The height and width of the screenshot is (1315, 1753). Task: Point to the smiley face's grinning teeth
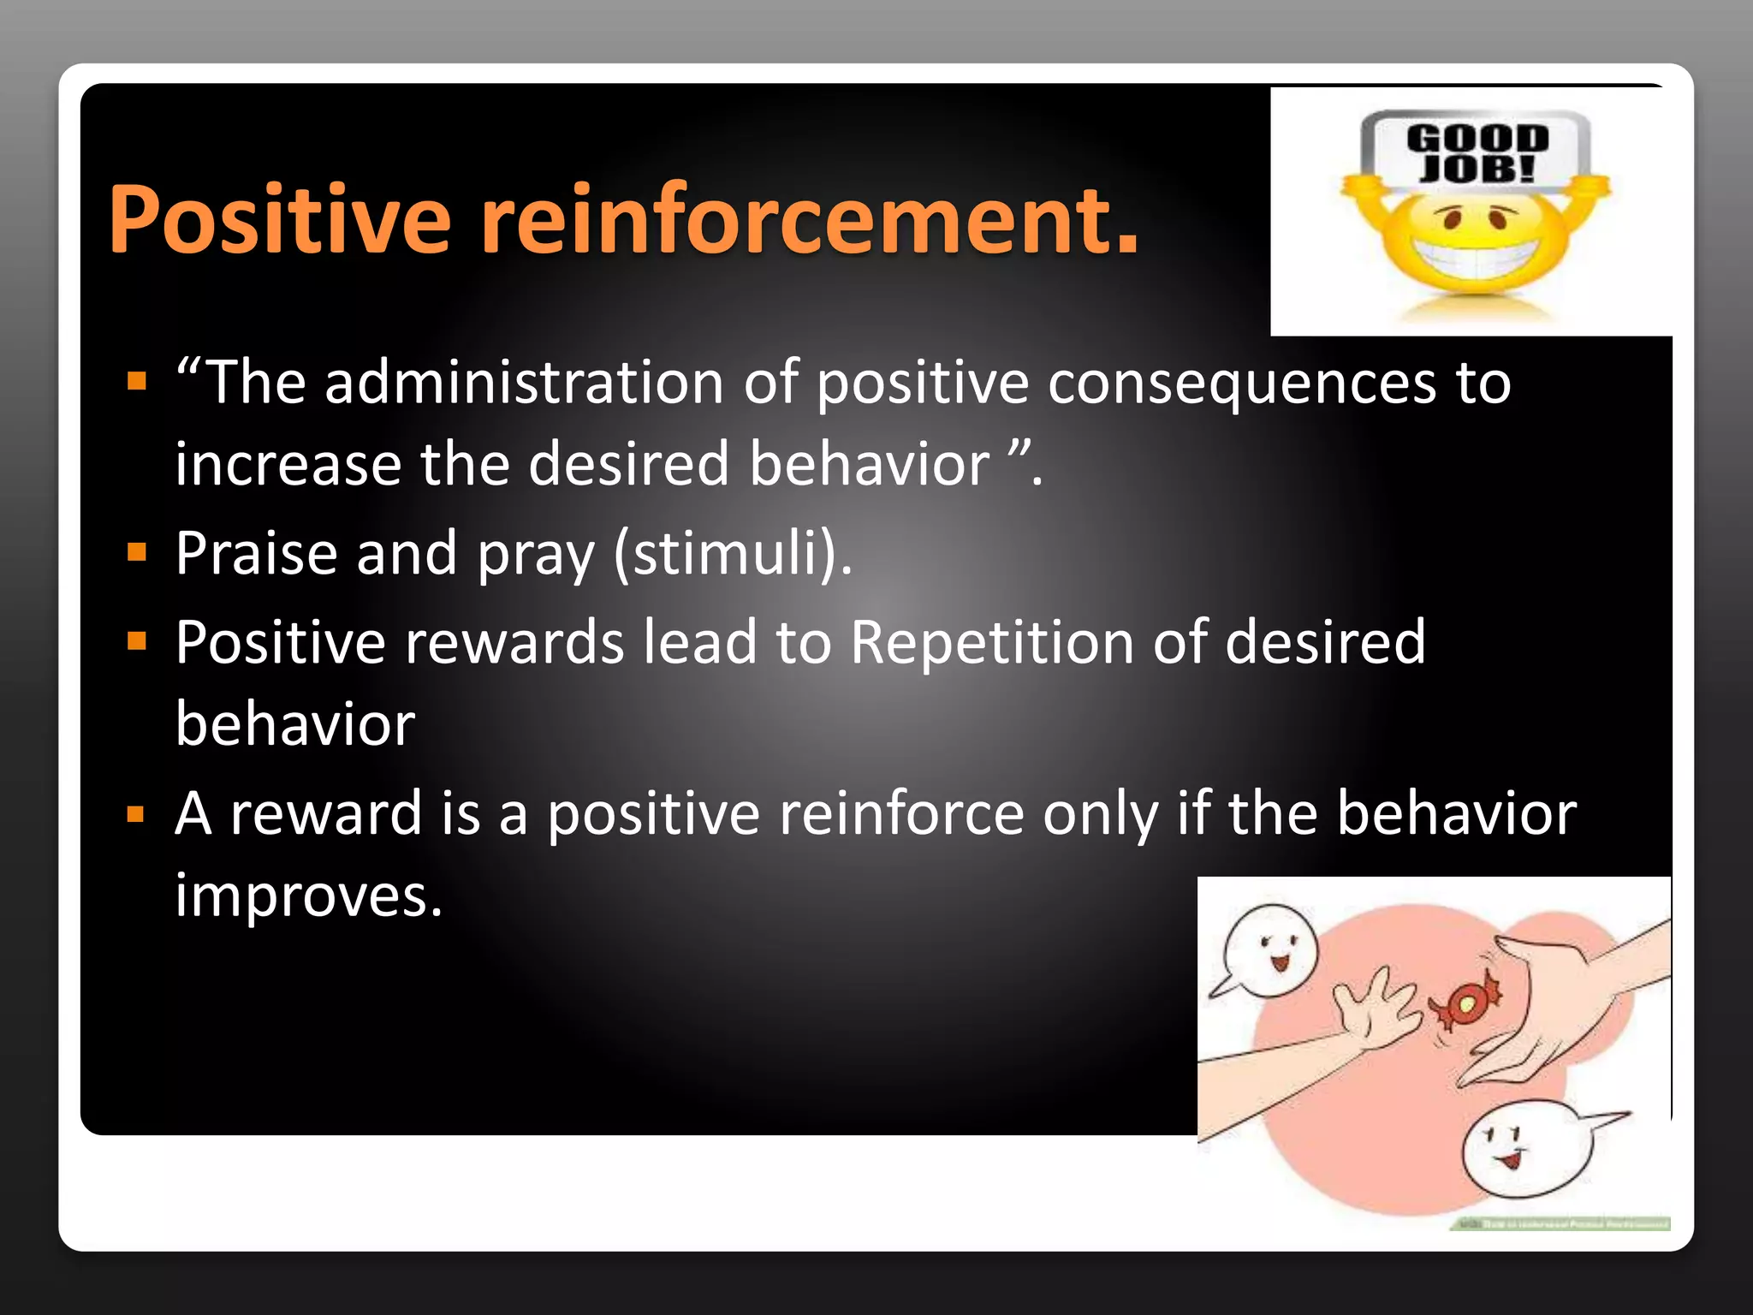click(1474, 257)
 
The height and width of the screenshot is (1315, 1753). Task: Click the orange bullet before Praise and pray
click(137, 553)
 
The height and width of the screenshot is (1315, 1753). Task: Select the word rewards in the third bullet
click(514, 642)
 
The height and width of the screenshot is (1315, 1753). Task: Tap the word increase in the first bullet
click(288, 464)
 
